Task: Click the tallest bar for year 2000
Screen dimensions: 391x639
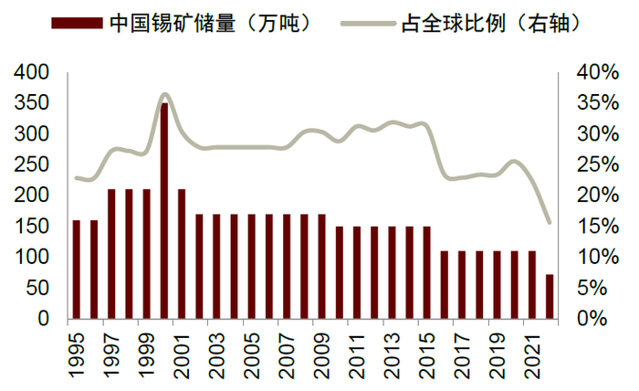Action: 164,211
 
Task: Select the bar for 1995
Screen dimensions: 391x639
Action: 77,269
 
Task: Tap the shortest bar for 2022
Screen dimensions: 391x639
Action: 550,297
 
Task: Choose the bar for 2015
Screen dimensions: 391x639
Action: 426,273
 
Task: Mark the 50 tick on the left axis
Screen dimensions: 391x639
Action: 40,289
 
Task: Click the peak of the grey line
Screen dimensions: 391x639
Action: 164,94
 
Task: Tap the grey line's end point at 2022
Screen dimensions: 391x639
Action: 550,222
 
